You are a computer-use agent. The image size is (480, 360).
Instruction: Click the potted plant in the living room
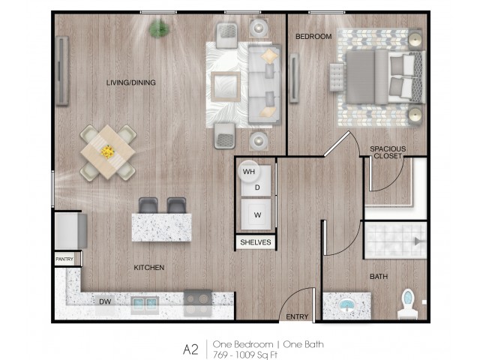click(x=159, y=28)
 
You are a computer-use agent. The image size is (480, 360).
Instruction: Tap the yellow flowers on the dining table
click(x=107, y=151)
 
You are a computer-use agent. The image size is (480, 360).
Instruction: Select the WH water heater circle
click(x=249, y=172)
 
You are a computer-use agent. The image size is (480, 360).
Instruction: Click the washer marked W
click(x=256, y=214)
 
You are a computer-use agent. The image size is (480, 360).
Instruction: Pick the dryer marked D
click(x=256, y=184)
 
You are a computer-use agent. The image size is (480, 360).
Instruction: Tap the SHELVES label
click(x=256, y=242)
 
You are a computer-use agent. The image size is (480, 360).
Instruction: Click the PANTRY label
click(x=64, y=259)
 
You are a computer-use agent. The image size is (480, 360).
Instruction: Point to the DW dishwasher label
click(x=105, y=301)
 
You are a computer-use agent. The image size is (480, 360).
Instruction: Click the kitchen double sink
click(x=145, y=304)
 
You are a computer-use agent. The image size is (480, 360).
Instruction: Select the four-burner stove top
click(x=198, y=303)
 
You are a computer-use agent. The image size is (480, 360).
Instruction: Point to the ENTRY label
click(x=297, y=316)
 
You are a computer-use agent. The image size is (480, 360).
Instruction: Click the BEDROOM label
click(x=313, y=37)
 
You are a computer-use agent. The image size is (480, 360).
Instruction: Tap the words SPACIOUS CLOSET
click(x=388, y=152)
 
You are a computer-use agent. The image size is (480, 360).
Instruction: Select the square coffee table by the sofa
click(x=226, y=87)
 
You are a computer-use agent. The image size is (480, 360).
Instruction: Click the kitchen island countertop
click(x=162, y=228)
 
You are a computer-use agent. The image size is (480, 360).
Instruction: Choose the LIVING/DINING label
click(x=131, y=82)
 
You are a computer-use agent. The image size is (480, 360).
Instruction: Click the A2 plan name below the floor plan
click(x=191, y=349)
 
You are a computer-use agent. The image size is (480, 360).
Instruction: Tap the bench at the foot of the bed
click(x=337, y=77)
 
